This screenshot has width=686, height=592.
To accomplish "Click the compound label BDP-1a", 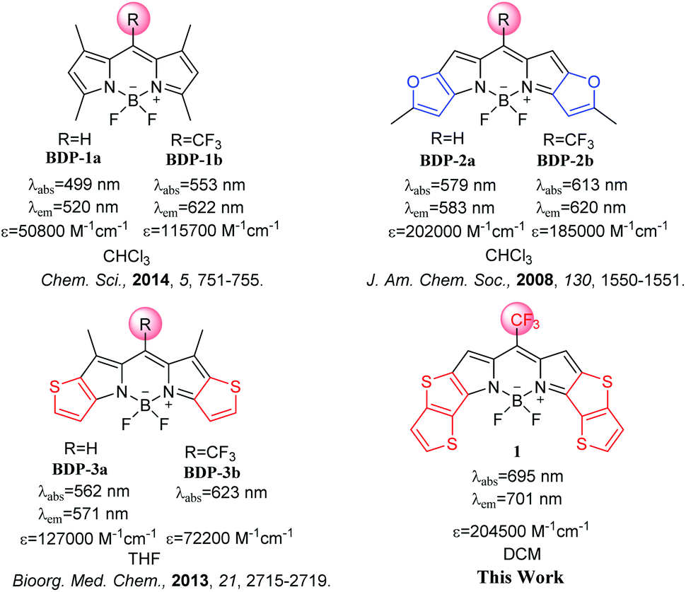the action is (x=73, y=158).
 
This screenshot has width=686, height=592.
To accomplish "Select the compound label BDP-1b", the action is (x=194, y=160).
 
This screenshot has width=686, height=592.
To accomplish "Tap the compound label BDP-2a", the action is (x=447, y=161).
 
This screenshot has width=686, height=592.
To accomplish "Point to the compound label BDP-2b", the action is (x=565, y=161).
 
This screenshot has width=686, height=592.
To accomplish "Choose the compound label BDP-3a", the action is (x=80, y=469).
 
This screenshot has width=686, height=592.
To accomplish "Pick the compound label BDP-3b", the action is (x=211, y=472).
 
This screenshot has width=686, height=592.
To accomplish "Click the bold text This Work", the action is (x=521, y=577).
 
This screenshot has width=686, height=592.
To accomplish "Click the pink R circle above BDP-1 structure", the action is (x=133, y=19).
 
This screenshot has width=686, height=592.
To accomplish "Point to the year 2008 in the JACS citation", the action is (x=535, y=280).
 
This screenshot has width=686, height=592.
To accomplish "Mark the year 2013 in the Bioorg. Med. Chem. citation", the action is (x=190, y=581).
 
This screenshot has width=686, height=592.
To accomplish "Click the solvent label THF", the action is (x=144, y=559).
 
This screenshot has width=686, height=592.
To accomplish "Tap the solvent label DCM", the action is (x=522, y=555).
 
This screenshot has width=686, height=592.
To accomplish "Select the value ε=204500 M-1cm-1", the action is (x=521, y=530).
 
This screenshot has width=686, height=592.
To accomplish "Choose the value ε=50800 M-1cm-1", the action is (x=65, y=230).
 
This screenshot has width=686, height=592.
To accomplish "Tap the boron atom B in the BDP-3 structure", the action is (x=145, y=405).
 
